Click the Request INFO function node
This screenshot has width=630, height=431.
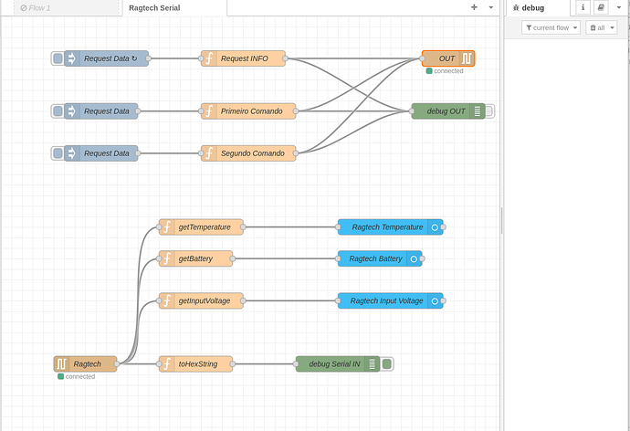click(x=243, y=58)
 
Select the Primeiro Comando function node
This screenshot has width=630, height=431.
click(x=248, y=111)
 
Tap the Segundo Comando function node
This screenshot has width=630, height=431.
click(x=248, y=153)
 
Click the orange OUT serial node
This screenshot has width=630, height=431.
click(x=448, y=58)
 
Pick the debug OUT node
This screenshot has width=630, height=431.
click(x=448, y=111)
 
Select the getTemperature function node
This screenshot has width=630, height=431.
click(x=201, y=227)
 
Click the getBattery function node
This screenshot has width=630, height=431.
click(x=195, y=258)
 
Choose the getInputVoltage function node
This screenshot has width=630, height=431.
click(x=201, y=300)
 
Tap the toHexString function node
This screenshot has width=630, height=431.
click(x=195, y=364)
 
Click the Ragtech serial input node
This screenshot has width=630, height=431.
click(x=85, y=364)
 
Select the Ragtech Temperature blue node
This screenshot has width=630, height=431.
click(x=390, y=227)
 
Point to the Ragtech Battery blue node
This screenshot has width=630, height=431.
click(x=380, y=258)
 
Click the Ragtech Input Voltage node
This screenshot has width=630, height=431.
click(x=390, y=300)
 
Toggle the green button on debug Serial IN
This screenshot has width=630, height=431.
click(x=386, y=364)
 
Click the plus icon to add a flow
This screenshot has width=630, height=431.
click(x=474, y=7)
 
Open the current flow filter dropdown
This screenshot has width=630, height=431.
click(x=551, y=27)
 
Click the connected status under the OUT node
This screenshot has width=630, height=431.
click(x=445, y=71)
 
